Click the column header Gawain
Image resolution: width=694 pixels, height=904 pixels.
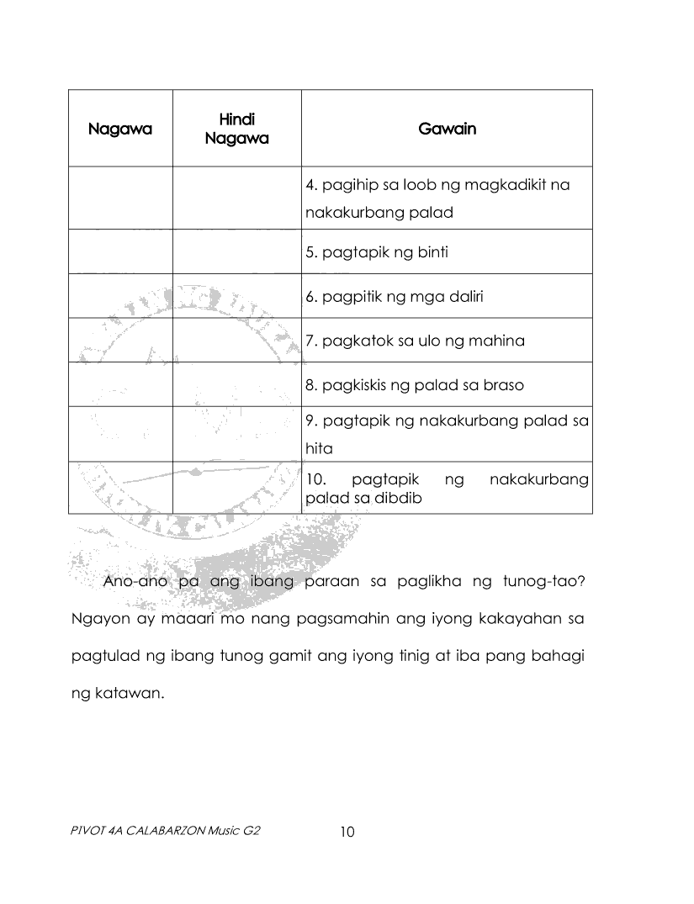click(x=447, y=129)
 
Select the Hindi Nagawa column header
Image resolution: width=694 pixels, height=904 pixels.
click(x=236, y=129)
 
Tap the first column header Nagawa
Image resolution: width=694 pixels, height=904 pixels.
click(x=120, y=130)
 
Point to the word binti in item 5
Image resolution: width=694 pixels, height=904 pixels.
click(x=429, y=252)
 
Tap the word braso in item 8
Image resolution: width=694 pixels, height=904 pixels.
click(x=503, y=385)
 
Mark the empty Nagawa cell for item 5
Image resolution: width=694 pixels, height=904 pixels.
click(x=120, y=251)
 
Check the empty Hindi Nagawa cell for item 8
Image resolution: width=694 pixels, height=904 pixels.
click(x=236, y=385)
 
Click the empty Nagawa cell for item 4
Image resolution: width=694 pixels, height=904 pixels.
click(x=120, y=198)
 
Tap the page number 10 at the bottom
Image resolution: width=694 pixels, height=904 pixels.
click(x=347, y=833)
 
